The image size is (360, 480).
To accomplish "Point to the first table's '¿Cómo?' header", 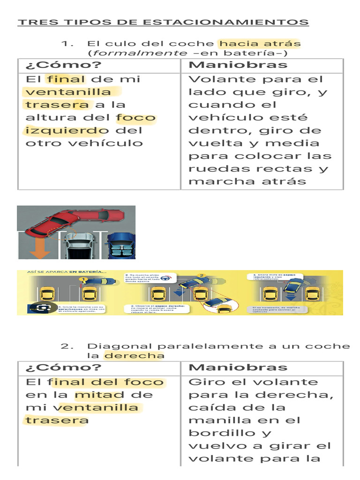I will pyautogui.click(x=63, y=65).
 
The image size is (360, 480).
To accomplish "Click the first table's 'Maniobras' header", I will pyautogui.click(x=238, y=65).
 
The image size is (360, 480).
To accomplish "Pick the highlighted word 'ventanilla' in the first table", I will pyautogui.click(x=68, y=92).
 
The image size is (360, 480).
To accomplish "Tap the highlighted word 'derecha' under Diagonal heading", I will pyautogui.click(x=134, y=356).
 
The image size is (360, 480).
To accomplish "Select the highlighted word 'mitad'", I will pyautogui.click(x=106, y=395).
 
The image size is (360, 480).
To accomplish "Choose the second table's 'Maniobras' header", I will pyautogui.click(x=238, y=367).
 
